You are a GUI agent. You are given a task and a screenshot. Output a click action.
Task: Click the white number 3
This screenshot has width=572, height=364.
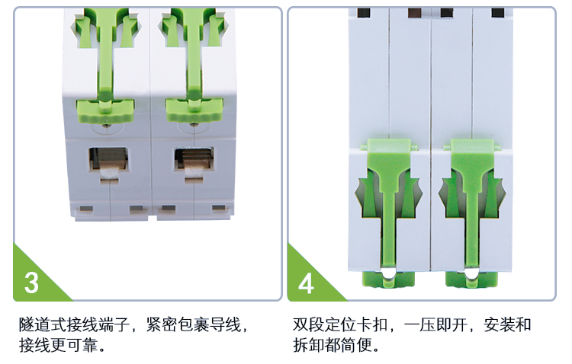coord(31,283)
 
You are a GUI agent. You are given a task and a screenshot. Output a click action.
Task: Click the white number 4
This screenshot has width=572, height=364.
coord(306,283)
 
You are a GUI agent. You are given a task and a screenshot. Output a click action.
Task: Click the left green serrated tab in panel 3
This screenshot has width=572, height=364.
coord(105,110)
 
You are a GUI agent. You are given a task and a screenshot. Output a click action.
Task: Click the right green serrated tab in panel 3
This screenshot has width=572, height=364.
coord(194,110)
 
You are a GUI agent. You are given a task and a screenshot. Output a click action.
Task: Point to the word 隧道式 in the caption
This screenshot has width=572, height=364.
coord(42,324)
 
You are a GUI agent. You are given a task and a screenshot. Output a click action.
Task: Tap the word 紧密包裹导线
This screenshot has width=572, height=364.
coord(194,324)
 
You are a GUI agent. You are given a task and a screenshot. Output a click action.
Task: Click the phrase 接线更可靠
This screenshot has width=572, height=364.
coord(58,345)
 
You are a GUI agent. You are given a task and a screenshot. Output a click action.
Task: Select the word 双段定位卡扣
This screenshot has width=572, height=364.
coord(340,324)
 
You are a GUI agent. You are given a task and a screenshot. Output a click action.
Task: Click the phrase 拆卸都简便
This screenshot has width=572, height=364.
coord(332,345)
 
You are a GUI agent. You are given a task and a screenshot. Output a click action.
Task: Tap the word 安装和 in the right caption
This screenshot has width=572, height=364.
coord(507,324)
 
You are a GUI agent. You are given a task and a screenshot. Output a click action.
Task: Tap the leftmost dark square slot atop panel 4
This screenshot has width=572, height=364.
coord(364,13)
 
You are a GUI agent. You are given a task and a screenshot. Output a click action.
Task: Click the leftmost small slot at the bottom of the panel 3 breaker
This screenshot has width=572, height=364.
coord(86,209)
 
